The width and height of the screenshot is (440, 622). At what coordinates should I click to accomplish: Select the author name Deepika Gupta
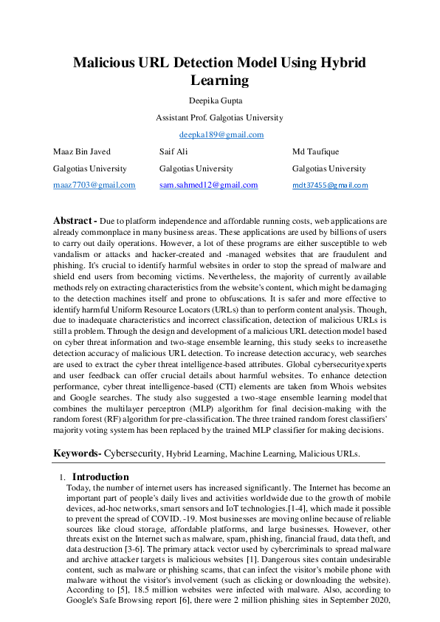(219, 100)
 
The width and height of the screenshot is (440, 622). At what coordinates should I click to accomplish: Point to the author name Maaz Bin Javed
(82, 151)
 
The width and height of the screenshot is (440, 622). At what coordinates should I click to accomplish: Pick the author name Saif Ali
(174, 151)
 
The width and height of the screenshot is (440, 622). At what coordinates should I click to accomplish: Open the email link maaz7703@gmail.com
(94, 185)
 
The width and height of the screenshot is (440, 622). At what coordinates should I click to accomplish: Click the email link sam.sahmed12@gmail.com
(208, 185)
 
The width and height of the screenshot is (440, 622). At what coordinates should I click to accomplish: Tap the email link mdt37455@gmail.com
(330, 185)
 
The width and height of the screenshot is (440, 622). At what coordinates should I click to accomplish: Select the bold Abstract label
(75, 221)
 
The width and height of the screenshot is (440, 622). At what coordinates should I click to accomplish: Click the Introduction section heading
(100, 476)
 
